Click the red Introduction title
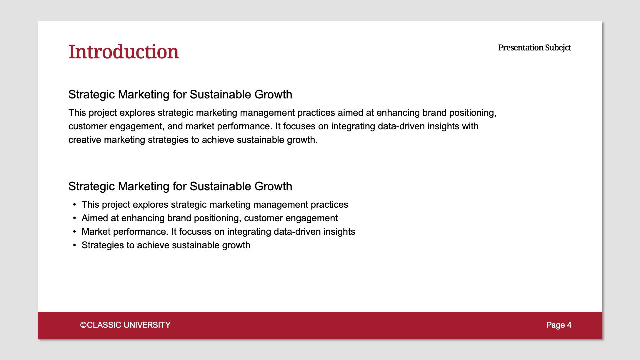pyautogui.click(x=124, y=52)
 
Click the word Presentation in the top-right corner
pyautogui.click(x=521, y=48)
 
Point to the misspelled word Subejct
pyautogui.click(x=558, y=48)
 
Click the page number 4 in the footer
pyautogui.click(x=569, y=325)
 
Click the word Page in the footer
pyautogui.click(x=555, y=325)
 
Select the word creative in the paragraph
pyautogui.click(x=85, y=140)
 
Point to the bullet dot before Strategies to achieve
pyautogui.click(x=75, y=245)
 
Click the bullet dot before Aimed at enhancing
pyautogui.click(x=75, y=218)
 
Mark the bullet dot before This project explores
pyautogui.click(x=75, y=205)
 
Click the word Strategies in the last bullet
pyautogui.click(x=103, y=245)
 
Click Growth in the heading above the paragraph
pyautogui.click(x=273, y=95)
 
